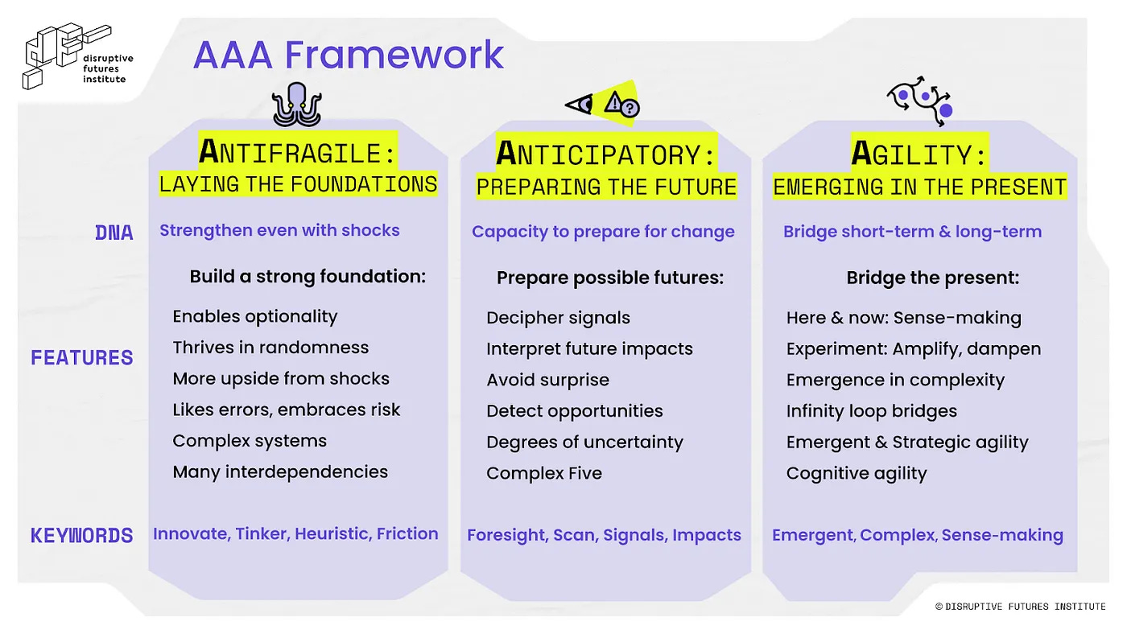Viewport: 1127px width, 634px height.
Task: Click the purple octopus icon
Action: [297, 105]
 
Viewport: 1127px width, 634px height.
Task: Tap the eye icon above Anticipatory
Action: [580, 105]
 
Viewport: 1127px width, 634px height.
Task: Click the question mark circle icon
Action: [630, 108]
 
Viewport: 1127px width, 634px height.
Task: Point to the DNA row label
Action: [114, 233]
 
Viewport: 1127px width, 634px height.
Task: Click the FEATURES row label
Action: [82, 357]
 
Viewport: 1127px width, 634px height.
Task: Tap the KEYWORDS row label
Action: [82, 536]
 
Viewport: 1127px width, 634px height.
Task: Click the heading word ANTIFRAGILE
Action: [290, 152]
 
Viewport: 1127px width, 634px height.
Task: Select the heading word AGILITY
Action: [911, 154]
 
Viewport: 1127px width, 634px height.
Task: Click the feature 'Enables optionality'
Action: [255, 317]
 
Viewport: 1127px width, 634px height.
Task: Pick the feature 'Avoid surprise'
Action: [548, 380]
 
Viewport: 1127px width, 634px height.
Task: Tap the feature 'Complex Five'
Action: [544, 473]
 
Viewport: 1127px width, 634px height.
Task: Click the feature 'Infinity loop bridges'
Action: [872, 411]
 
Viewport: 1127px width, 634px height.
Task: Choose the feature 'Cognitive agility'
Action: [857, 474]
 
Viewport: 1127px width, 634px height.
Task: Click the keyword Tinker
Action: [262, 534]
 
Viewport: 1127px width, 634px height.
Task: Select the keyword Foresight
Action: [507, 536]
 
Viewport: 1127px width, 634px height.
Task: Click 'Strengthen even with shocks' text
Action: [280, 230]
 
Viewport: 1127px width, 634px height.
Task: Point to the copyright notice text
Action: [1021, 607]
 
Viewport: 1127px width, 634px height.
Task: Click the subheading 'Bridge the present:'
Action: [933, 278]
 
